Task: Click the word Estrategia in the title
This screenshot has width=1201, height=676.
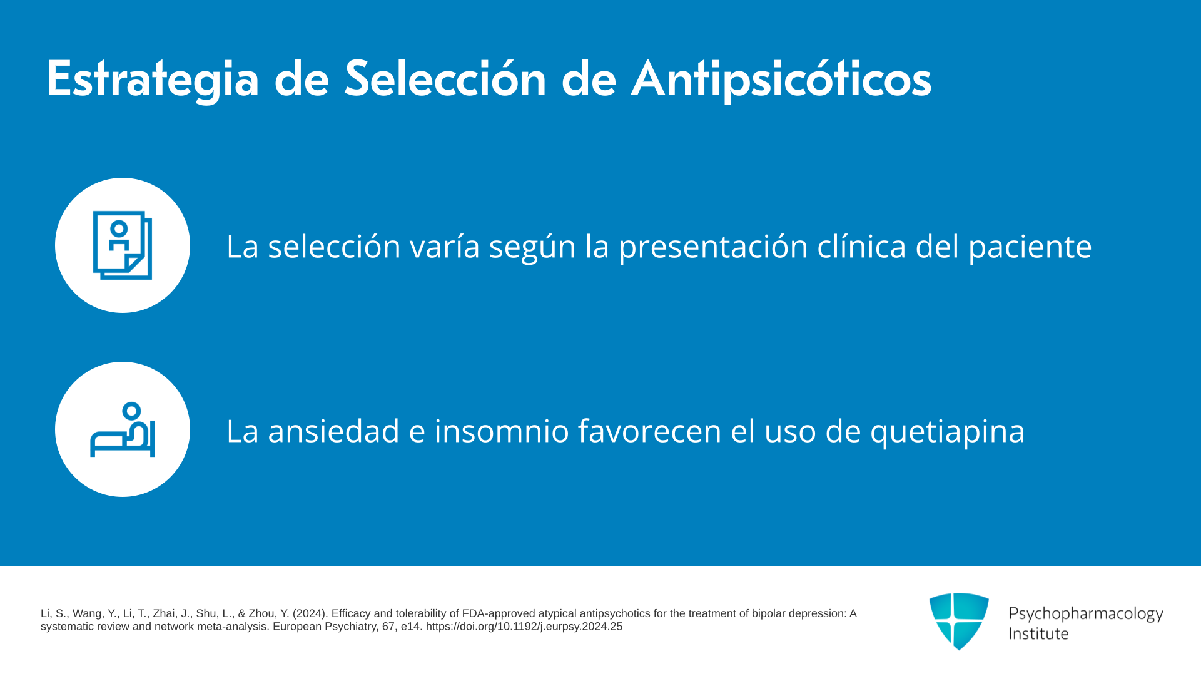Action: pos(153,80)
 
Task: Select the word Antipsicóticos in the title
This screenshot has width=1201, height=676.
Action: pos(781,79)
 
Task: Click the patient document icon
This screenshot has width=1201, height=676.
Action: pos(123,245)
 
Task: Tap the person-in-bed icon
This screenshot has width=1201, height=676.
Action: pos(123,429)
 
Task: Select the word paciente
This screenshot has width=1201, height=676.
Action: pos(1030,247)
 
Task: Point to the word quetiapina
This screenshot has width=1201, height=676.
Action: pos(948,431)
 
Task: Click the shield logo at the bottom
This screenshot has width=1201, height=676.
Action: pos(959,621)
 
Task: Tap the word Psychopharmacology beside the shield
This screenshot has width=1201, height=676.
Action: pos(1086,614)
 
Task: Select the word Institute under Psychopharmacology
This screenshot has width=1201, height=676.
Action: pos(1038,633)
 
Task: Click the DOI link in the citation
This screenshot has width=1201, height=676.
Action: pos(524,627)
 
